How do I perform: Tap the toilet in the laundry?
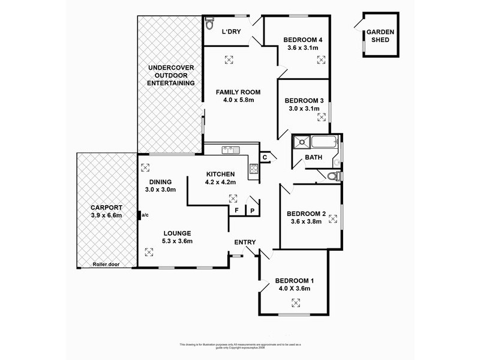pos(209,23)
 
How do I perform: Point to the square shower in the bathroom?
pos(301,143)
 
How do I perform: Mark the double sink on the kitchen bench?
pos(228,148)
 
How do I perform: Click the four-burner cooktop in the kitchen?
pos(254,168)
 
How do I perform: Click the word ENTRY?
pos(245,242)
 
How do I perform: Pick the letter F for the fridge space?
pos(236,211)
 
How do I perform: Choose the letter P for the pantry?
pos(252,211)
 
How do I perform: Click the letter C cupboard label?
pos(264,157)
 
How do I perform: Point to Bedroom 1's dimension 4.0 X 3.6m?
pos(292,289)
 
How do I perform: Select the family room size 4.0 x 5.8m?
pos(238,100)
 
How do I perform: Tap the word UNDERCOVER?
pos(172,68)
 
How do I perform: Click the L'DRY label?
pos(231,32)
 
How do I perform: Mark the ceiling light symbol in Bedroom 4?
pos(320,59)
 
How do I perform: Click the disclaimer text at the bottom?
pos(240,346)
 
